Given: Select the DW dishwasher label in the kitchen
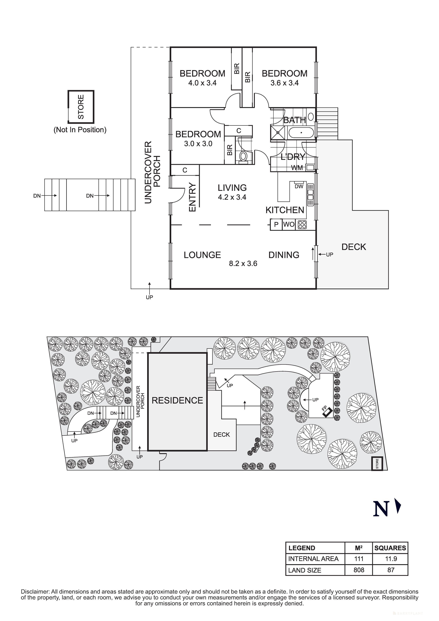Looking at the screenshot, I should click(x=299, y=186).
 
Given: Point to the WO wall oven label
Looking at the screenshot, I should click(x=289, y=224).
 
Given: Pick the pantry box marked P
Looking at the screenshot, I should click(x=276, y=224).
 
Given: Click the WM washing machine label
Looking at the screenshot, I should click(x=297, y=168).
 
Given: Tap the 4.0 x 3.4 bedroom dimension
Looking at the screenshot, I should click(x=202, y=83).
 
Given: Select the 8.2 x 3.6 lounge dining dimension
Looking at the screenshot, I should click(x=243, y=263).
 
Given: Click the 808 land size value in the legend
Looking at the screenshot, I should click(x=359, y=570).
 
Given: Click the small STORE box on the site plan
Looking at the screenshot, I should click(x=377, y=464).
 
